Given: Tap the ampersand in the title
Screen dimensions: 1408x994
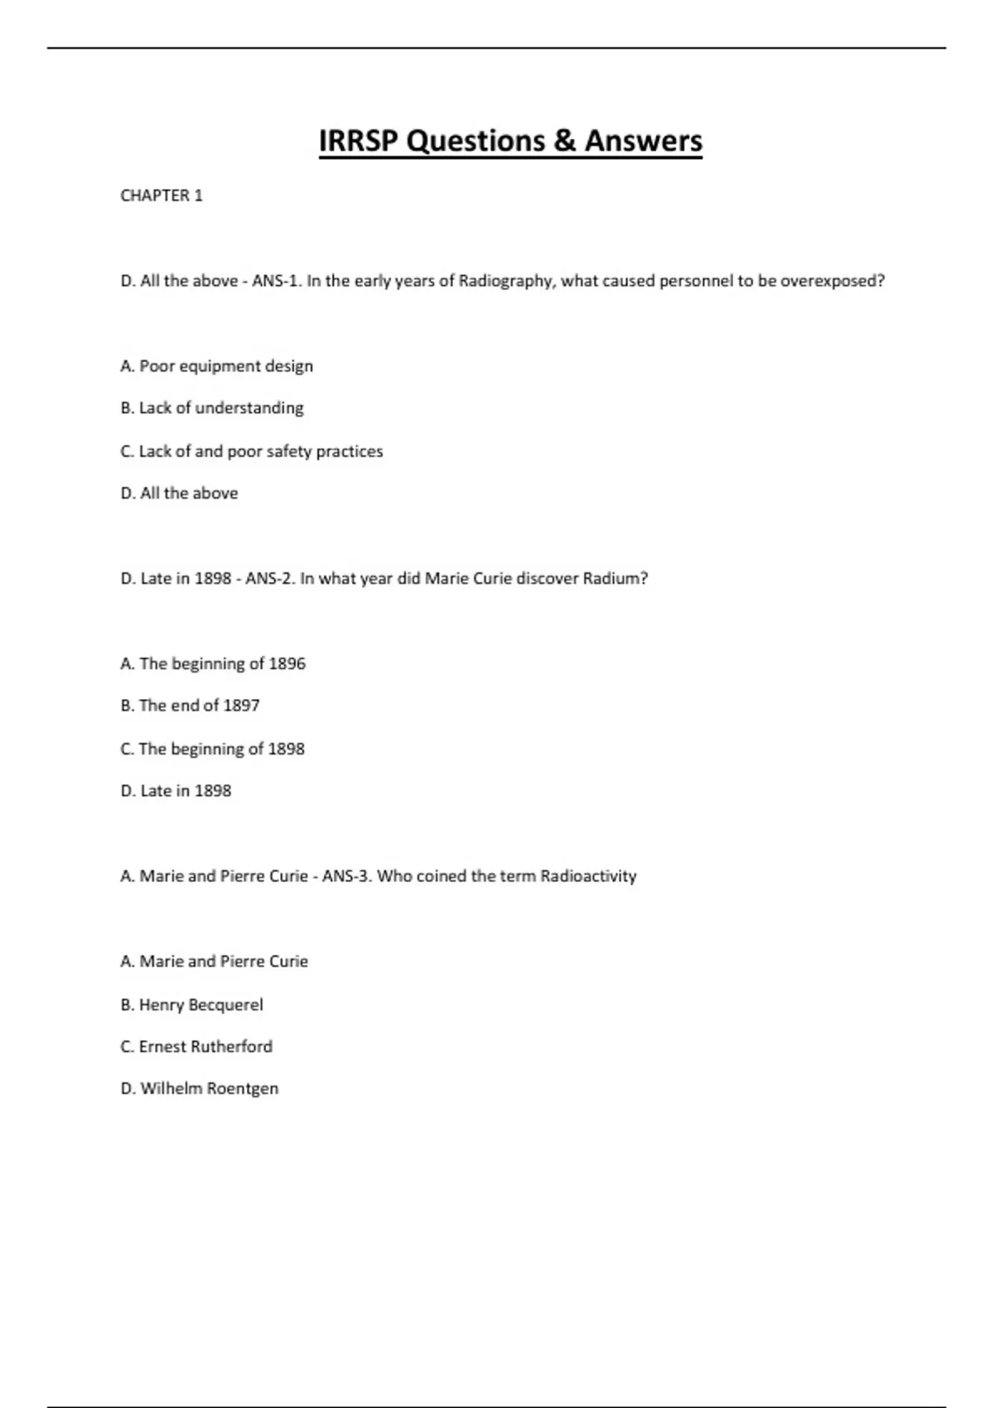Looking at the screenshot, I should point(564,141).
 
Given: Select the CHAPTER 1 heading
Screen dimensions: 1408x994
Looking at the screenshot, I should point(162,195).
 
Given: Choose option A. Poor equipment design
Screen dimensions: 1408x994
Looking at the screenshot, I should point(216,366).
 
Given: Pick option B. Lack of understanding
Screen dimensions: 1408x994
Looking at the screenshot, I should point(212,407).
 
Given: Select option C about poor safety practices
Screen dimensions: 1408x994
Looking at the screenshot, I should point(251,451).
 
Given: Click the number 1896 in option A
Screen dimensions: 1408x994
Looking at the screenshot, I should point(287,663).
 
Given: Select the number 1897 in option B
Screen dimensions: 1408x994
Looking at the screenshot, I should point(241,706).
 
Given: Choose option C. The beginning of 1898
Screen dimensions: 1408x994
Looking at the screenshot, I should point(212,749).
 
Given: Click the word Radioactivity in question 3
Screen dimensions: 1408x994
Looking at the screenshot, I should point(588,876).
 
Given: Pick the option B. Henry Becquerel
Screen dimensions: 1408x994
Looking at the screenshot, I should point(191,1005).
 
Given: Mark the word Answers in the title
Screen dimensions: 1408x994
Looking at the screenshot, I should point(644,141).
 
